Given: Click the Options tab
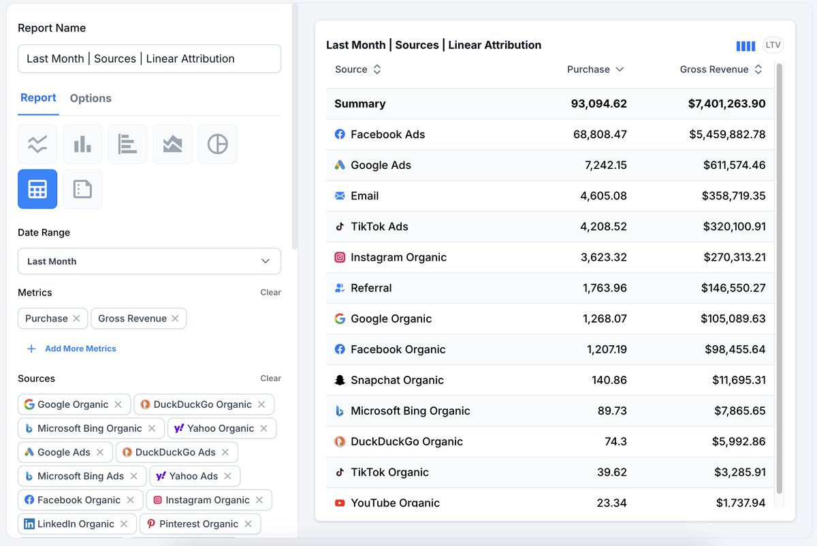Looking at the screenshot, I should pyautogui.click(x=91, y=98).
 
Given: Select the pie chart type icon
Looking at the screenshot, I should pyautogui.click(x=218, y=144).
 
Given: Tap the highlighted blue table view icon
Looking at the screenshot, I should pyautogui.click(x=37, y=189).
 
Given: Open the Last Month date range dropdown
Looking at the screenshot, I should pyautogui.click(x=149, y=261).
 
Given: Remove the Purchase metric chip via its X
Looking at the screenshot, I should pyautogui.click(x=76, y=319).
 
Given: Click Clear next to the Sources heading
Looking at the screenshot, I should pyautogui.click(x=270, y=379).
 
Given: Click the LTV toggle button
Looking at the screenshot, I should pyautogui.click(x=773, y=45).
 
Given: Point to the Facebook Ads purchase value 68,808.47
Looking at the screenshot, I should pyautogui.click(x=600, y=135).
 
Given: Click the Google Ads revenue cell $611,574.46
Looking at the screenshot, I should pyautogui.click(x=734, y=165).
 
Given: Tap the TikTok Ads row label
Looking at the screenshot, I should pyautogui.click(x=379, y=227).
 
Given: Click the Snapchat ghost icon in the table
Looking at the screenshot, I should pyautogui.click(x=340, y=380).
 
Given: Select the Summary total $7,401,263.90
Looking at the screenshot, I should pyautogui.click(x=726, y=104).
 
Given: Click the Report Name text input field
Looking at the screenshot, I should pyautogui.click(x=149, y=59).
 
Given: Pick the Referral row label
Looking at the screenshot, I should pyautogui.click(x=371, y=288).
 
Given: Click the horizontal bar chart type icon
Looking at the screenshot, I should pyautogui.click(x=127, y=144).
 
